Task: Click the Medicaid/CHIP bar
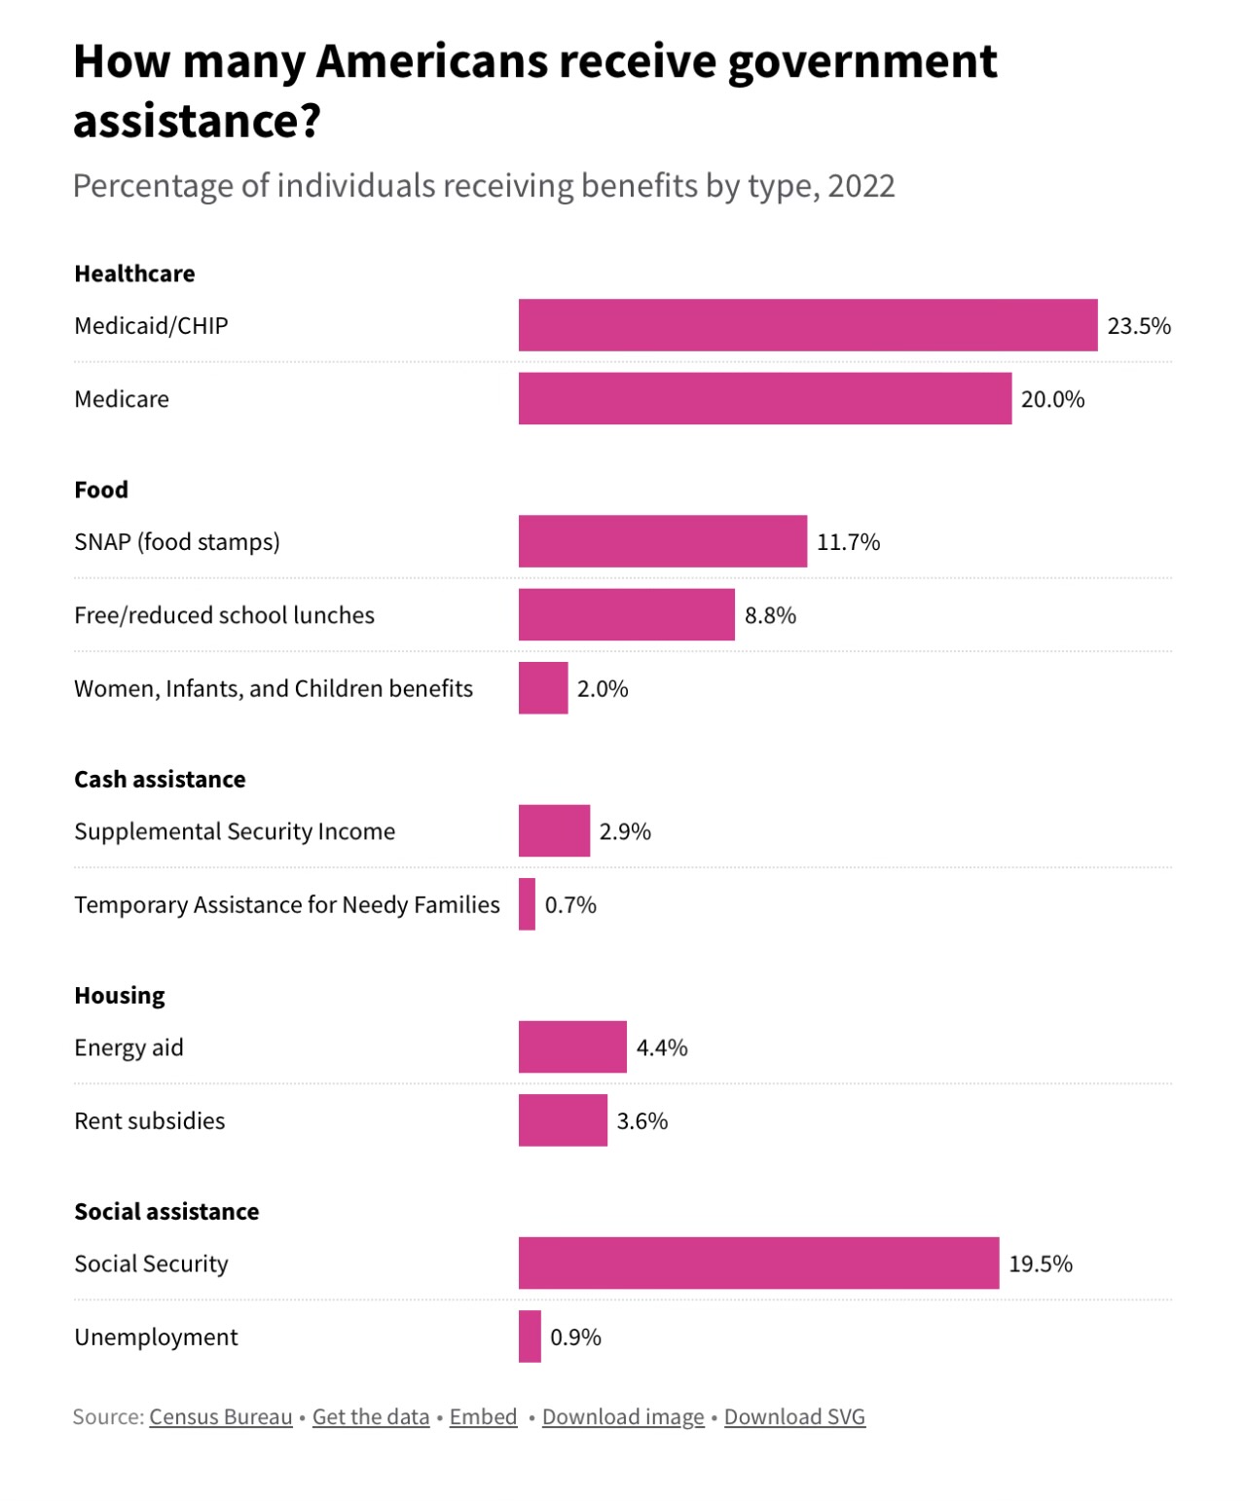(x=808, y=325)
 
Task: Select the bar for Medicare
(x=765, y=399)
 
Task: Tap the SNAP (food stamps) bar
(x=663, y=541)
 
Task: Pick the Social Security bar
(x=758, y=1263)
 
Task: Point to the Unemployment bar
(x=530, y=1336)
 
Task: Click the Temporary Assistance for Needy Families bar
(x=527, y=904)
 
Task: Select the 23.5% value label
(x=1139, y=326)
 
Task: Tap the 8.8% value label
(x=770, y=615)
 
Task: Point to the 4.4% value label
(x=662, y=1047)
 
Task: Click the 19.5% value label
(x=1041, y=1263)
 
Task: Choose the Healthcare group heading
(x=134, y=274)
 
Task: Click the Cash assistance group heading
(x=160, y=780)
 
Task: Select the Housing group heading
(x=120, y=996)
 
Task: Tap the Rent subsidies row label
(x=150, y=1121)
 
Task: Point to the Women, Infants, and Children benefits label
(x=274, y=689)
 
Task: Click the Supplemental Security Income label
(x=235, y=831)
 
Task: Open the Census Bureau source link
(x=221, y=1417)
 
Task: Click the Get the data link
(x=371, y=1417)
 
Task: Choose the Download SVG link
(x=794, y=1417)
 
